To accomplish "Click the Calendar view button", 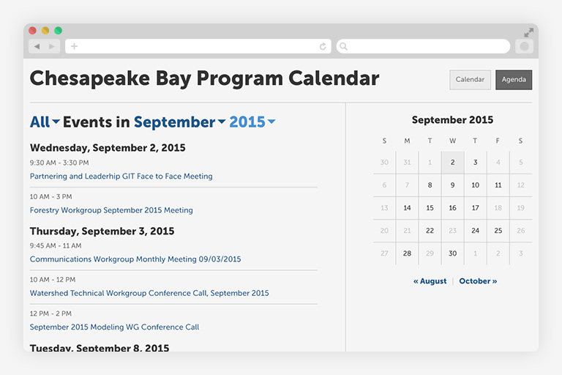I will pyautogui.click(x=470, y=80).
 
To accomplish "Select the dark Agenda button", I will pyautogui.click(x=513, y=80).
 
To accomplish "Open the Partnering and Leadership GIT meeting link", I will pyautogui.click(x=121, y=177).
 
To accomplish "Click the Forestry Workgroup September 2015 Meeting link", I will pyautogui.click(x=111, y=210).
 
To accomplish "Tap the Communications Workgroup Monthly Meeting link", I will pyautogui.click(x=135, y=259).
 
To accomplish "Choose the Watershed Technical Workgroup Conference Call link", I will pyautogui.click(x=149, y=293).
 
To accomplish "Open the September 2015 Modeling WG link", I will pyautogui.click(x=114, y=327).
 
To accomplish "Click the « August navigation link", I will pyautogui.click(x=430, y=281).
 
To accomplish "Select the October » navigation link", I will pyautogui.click(x=478, y=281).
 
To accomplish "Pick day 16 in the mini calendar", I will pyautogui.click(x=452, y=208).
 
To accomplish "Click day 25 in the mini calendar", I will pyautogui.click(x=498, y=231).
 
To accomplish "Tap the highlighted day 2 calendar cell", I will pyautogui.click(x=452, y=163).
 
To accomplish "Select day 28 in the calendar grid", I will pyautogui.click(x=407, y=253).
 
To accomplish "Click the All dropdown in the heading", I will pyautogui.click(x=45, y=122).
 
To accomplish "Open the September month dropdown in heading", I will pyautogui.click(x=179, y=122).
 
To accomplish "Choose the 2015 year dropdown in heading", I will pyautogui.click(x=252, y=122).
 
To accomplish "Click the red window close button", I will pyautogui.click(x=33, y=31).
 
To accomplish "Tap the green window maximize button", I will pyautogui.click(x=58, y=31).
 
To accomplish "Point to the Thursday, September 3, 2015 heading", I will pyautogui.click(x=102, y=231).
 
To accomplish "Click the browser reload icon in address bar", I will pyautogui.click(x=323, y=46).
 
